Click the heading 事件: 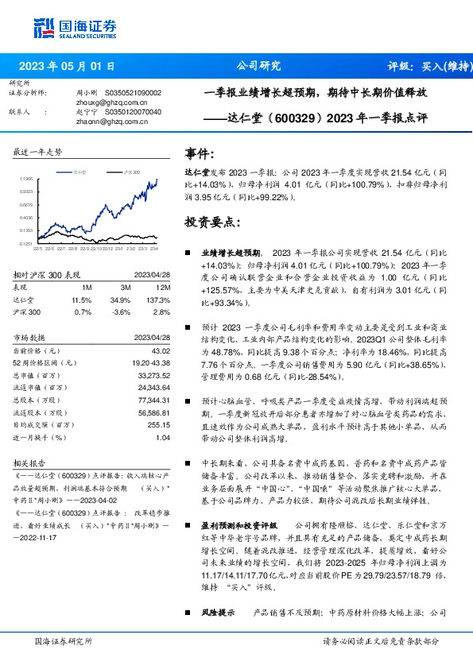tap(200, 153)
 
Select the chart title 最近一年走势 tap(37, 152)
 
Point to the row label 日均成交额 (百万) tap(45, 426)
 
